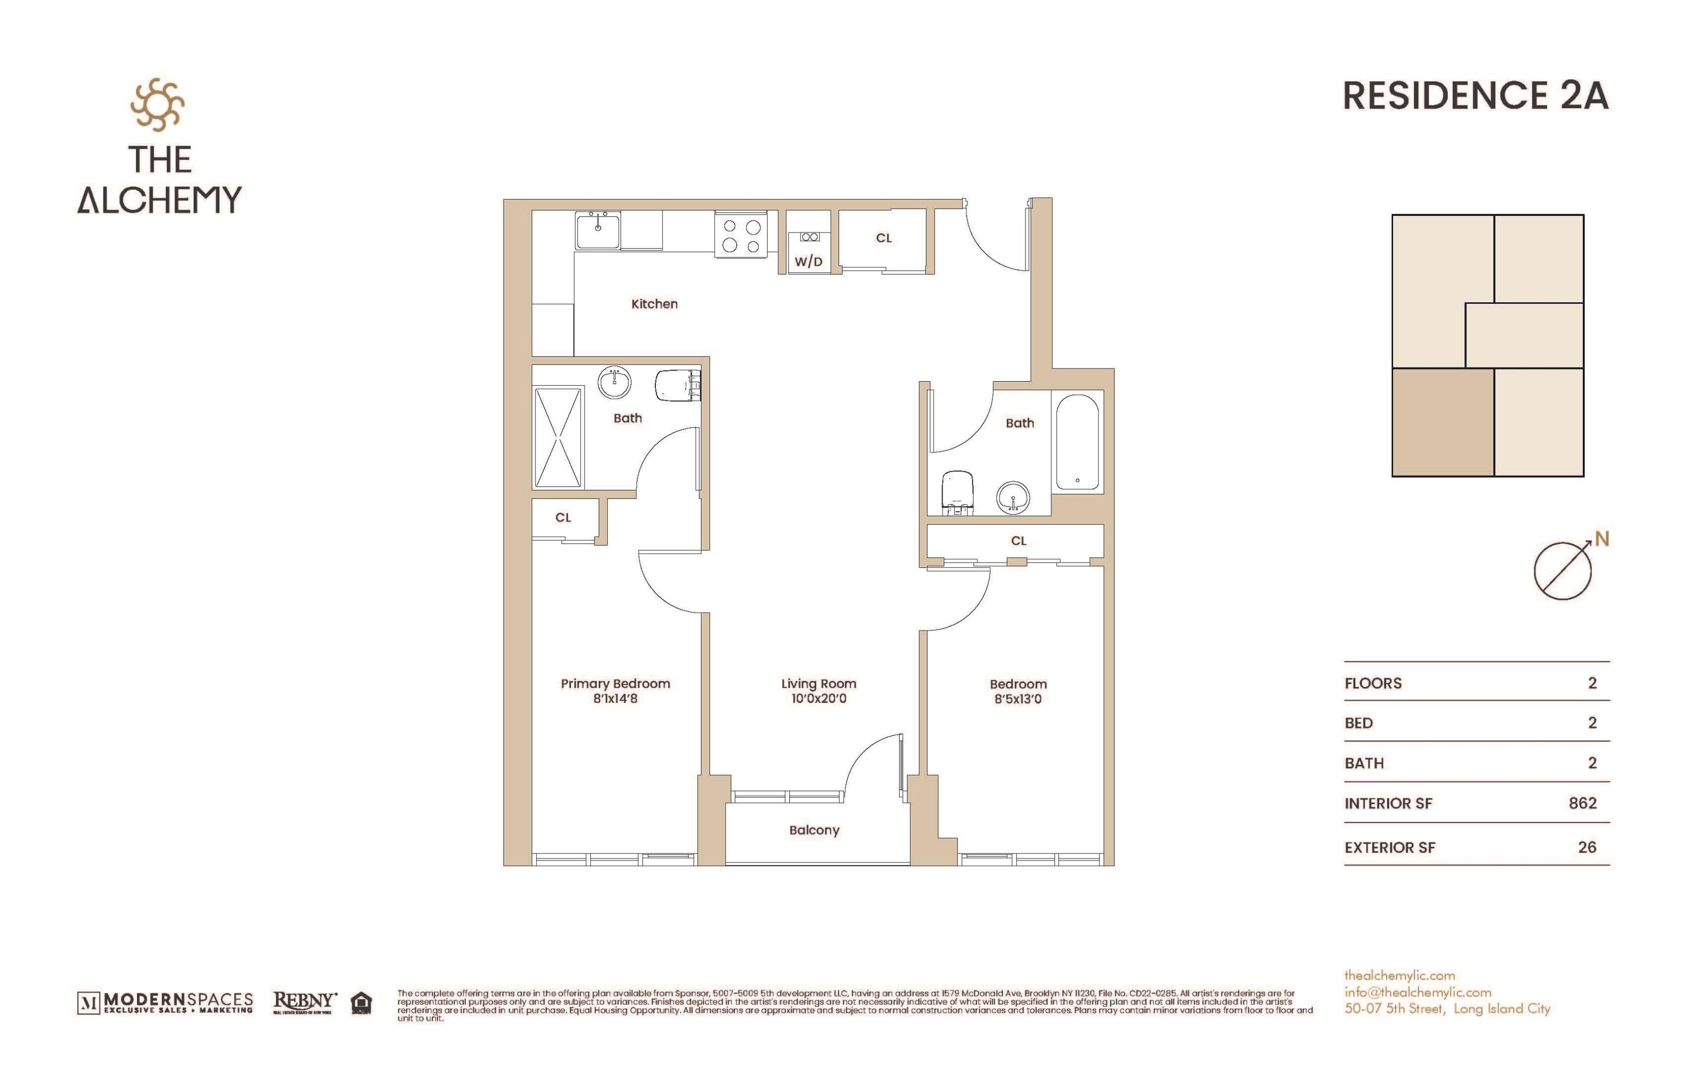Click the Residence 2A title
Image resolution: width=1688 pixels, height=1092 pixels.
[1475, 96]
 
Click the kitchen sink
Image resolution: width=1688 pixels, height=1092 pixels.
[598, 231]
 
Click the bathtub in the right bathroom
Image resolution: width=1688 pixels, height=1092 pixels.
[1077, 442]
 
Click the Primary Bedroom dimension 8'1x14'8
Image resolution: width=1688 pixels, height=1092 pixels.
[615, 699]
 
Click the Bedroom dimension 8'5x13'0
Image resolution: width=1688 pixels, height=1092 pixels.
[1018, 699]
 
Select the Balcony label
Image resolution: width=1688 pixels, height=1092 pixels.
[814, 830]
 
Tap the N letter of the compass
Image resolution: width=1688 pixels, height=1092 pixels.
[1602, 539]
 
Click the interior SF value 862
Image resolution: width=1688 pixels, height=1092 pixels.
[1582, 803]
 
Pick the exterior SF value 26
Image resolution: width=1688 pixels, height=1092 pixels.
[1586, 847]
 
